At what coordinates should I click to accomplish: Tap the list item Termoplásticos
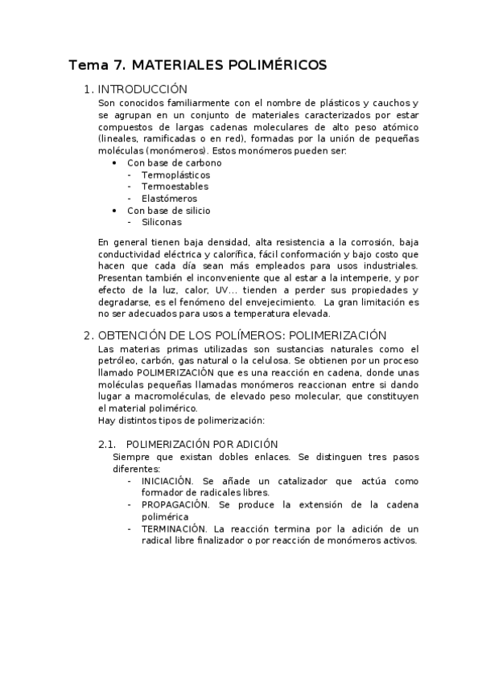coord(175,175)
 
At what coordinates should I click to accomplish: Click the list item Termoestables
coord(175,187)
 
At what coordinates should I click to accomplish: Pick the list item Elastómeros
coord(169,199)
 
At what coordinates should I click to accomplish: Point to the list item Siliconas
coord(161,223)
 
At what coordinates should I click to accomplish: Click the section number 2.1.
coord(107,444)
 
